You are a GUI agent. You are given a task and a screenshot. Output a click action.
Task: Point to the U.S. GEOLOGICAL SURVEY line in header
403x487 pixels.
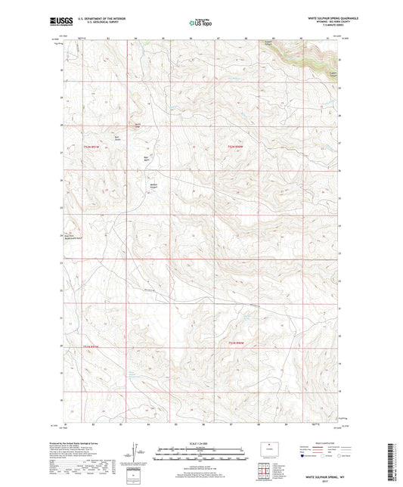tap(110, 24)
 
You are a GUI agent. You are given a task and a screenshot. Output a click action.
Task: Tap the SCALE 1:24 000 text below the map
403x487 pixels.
tap(200, 443)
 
